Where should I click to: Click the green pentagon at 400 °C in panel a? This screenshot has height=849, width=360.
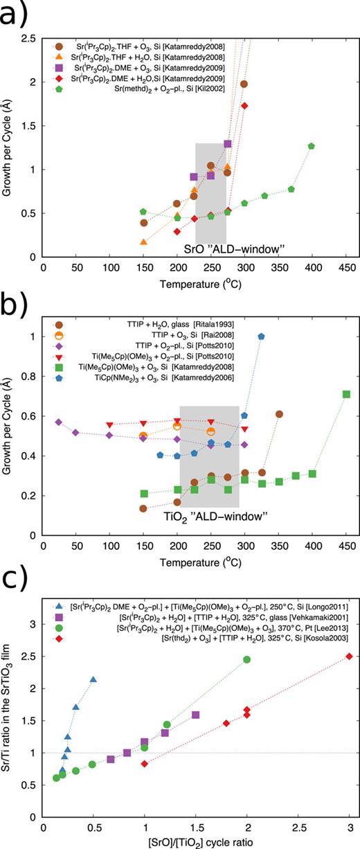pyautogui.click(x=312, y=146)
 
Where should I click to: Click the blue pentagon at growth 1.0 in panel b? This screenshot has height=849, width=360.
pyautogui.click(x=261, y=337)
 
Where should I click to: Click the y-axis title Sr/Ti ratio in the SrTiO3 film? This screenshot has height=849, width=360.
pyautogui.click(x=10, y=710)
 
